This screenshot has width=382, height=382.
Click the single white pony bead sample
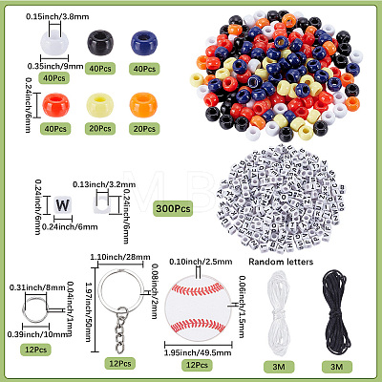click(54, 43)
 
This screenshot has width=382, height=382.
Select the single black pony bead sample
click(100, 43)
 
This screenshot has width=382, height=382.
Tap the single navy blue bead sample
click(144, 43)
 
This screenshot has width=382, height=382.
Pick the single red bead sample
click(55, 105)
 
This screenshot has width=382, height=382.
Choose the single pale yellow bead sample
click(100, 105)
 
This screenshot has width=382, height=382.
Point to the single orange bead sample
click(143, 105)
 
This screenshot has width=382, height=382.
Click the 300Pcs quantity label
click(173, 208)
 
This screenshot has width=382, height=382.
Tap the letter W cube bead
click(62, 205)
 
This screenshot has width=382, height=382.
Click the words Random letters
click(281, 262)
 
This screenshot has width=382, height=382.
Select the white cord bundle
click(279, 313)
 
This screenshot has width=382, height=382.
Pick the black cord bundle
click(336, 312)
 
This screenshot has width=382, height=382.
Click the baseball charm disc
click(198, 307)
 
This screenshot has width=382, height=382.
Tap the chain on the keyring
click(121, 331)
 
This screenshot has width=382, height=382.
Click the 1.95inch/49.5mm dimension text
click(198, 352)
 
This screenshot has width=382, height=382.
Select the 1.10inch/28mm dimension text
click(120, 257)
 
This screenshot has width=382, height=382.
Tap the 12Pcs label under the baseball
click(197, 365)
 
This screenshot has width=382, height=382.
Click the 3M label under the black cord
click(337, 367)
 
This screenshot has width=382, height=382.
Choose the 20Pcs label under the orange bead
click(144, 129)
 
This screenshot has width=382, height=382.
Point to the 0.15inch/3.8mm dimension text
click(57, 16)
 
